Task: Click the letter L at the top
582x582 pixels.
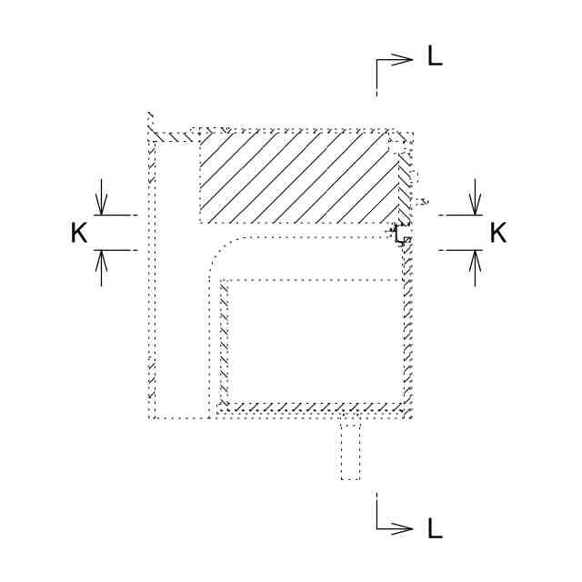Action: click(x=435, y=56)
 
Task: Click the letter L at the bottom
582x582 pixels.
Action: click(x=435, y=527)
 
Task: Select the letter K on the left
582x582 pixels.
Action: click(x=79, y=233)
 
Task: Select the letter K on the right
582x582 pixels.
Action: click(x=497, y=233)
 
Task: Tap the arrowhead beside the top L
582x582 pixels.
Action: click(x=402, y=60)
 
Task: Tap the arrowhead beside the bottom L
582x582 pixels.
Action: click(x=402, y=528)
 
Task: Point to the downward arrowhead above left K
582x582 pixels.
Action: click(x=101, y=205)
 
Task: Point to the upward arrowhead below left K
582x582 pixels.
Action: click(x=101, y=261)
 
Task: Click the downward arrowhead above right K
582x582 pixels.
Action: click(x=475, y=205)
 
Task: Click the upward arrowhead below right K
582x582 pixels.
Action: click(x=475, y=261)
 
